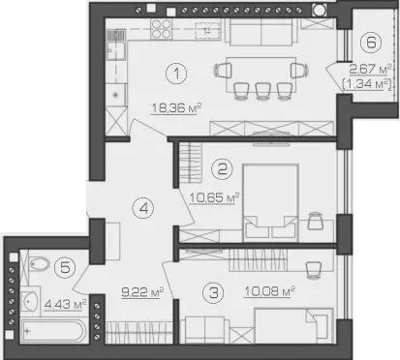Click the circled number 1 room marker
click(x=176, y=74)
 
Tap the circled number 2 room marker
click(x=222, y=168)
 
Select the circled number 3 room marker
click(x=213, y=292)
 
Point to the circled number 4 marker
click(x=143, y=208)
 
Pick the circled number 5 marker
click(x=65, y=267)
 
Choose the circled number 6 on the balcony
click(x=371, y=43)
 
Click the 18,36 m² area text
click(x=176, y=108)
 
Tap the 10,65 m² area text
click(x=214, y=197)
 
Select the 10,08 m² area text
click(x=269, y=291)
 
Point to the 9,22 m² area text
click(x=142, y=292)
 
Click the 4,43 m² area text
click(x=65, y=304)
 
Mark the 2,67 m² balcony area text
click(x=370, y=69)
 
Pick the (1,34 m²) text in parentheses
click(x=367, y=84)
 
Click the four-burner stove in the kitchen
click(x=161, y=29)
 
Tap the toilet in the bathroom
click(x=39, y=264)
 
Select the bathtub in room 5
click(x=53, y=330)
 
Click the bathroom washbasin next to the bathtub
click(x=31, y=301)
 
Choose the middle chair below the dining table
click(x=262, y=91)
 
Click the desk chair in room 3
click(x=313, y=270)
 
